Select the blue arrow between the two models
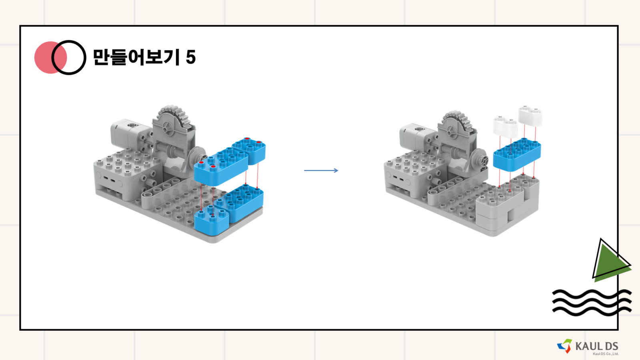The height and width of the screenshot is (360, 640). tap(321, 170)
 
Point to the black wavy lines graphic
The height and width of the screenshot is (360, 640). tap(592, 302)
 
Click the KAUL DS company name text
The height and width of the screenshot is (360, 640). tap(596, 346)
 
